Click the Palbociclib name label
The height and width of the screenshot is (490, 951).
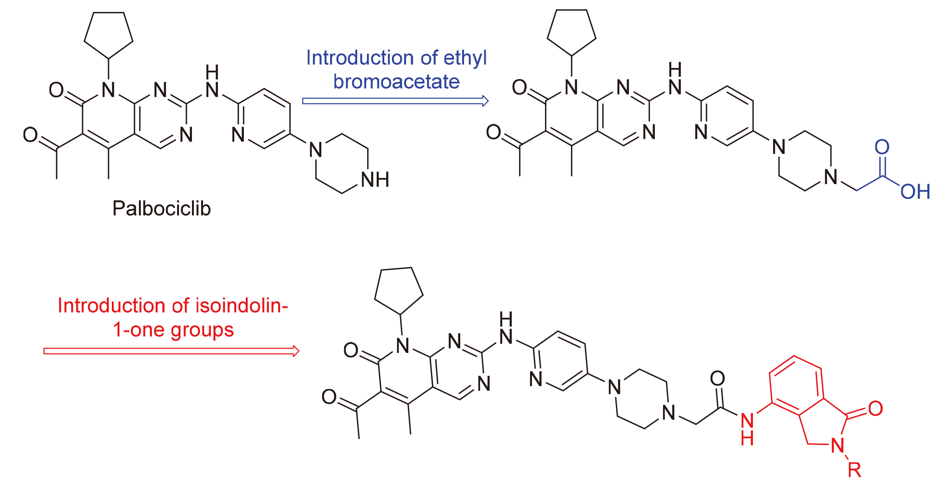[161, 209]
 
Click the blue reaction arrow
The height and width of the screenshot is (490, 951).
[395, 101]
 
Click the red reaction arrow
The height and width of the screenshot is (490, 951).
[171, 351]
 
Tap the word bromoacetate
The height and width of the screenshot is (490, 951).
[397, 82]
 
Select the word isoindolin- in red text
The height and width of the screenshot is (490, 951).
[242, 306]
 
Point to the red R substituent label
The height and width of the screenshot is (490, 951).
[854, 470]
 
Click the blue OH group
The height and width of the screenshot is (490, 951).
[915, 192]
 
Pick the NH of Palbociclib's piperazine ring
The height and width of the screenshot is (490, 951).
[375, 180]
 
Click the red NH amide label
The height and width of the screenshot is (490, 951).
[747, 429]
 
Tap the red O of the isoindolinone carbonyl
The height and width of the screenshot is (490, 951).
[875, 409]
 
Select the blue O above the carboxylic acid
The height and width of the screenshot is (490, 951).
[882, 147]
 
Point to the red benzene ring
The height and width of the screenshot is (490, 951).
[796, 386]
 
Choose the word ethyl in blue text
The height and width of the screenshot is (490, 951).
[465, 58]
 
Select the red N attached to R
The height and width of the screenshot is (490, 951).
[838, 445]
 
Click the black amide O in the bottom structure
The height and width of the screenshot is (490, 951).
[717, 378]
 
